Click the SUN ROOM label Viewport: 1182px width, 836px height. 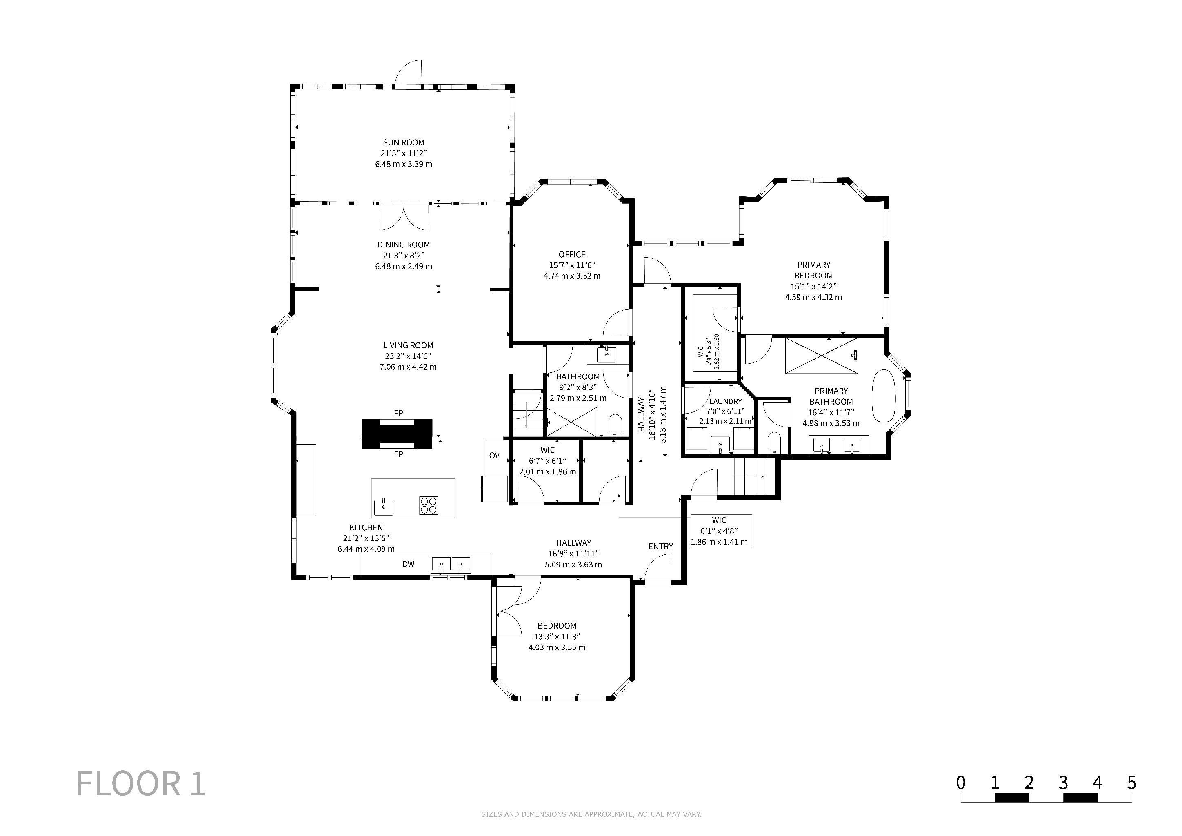[404, 142]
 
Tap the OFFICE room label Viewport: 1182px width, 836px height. [572, 254]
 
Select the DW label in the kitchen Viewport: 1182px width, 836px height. [408, 564]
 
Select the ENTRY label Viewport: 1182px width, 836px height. [660, 546]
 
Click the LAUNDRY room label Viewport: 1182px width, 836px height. [725, 402]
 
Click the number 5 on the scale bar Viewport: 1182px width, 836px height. [1131, 783]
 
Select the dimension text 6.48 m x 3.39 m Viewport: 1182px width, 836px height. [404, 164]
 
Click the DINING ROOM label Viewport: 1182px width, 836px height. [404, 245]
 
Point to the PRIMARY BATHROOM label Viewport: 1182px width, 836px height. [831, 396]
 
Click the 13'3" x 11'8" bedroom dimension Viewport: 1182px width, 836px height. [557, 637]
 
